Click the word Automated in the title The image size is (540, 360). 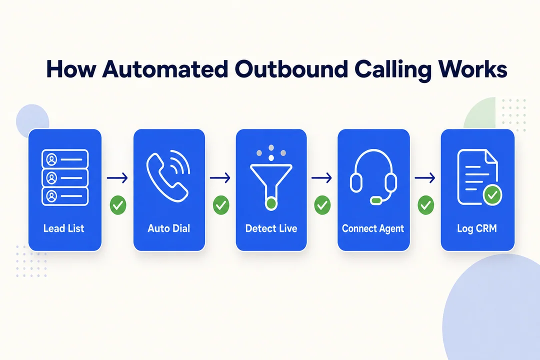click(165, 69)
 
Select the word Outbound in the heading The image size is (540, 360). click(291, 69)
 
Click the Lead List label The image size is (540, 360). click(63, 228)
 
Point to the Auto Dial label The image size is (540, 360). click(169, 228)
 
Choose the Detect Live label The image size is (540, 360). click(271, 228)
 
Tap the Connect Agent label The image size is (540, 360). click(373, 228)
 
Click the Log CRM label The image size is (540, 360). click(477, 228)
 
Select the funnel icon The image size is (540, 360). click(271, 183)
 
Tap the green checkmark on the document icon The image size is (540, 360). click(492, 195)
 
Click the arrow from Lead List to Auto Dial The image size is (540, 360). click(117, 178)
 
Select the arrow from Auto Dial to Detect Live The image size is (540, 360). click(220, 178)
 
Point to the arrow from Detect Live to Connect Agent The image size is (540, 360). click(321, 178)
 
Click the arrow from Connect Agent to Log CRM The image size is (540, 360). click(425, 178)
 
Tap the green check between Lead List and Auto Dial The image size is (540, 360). click(118, 205)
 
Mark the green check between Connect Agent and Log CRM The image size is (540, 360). click(426, 205)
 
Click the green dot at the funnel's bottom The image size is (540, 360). click(271, 204)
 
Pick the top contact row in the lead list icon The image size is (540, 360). click(65, 159)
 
